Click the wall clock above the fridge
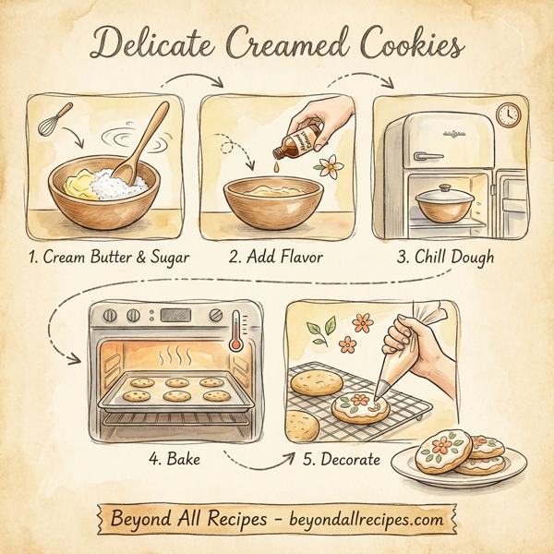coord(507,114)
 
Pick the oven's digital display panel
coord(176,314)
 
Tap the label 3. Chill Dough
coord(445,257)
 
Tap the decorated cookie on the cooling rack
coord(363,406)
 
